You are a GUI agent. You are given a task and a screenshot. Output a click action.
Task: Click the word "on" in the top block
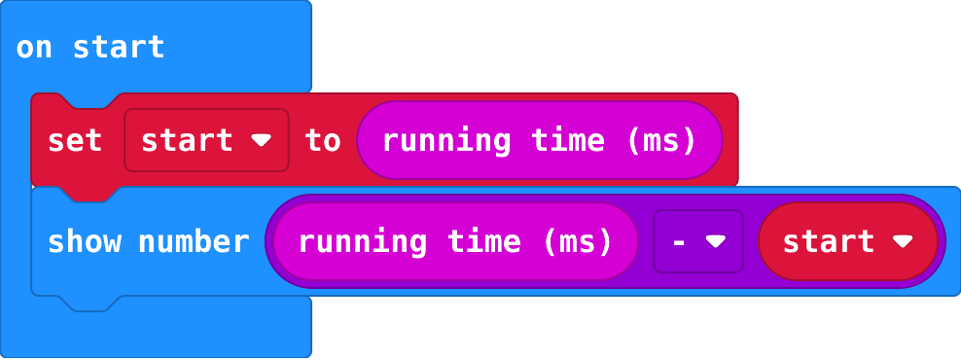(x=34, y=49)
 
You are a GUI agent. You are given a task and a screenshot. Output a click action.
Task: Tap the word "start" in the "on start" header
(x=119, y=48)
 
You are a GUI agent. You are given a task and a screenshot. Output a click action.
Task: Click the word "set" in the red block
(x=74, y=141)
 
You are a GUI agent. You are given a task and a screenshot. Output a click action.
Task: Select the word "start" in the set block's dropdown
(x=187, y=141)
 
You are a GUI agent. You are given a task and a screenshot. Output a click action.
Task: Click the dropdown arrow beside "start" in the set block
(x=261, y=141)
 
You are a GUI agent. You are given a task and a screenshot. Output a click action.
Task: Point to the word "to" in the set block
(x=322, y=141)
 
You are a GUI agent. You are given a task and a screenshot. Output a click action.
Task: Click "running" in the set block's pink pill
(x=446, y=142)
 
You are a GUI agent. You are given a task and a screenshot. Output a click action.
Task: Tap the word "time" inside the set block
(x=568, y=140)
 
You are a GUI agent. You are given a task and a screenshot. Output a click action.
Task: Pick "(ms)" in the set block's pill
(x=662, y=142)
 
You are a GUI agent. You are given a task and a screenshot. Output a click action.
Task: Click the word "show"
(x=84, y=241)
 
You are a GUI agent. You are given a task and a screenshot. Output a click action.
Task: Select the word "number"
(x=194, y=241)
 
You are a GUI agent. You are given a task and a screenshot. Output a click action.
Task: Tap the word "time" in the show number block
(x=484, y=241)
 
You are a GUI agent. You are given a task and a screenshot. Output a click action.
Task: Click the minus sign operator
(x=679, y=242)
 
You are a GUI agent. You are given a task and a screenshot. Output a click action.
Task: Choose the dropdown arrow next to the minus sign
(x=715, y=242)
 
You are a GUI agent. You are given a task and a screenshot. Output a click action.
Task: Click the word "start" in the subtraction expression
(x=828, y=241)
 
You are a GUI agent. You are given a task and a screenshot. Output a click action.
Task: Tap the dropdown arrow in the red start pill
(x=903, y=241)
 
